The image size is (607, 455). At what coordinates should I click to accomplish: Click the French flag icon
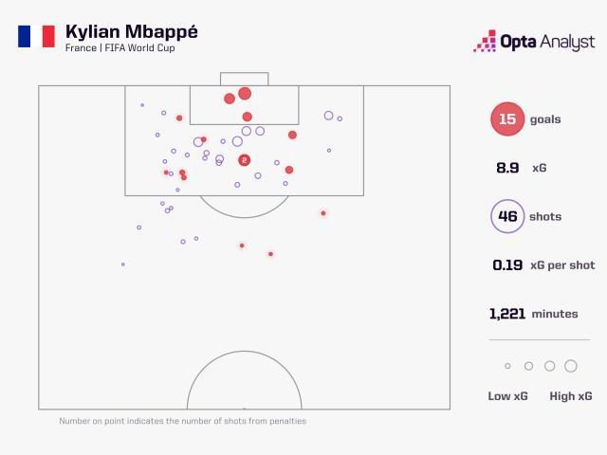[x=36, y=36]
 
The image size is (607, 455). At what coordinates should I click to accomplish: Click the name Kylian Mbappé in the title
[x=132, y=31]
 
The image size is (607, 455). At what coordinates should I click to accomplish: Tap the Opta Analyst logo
[x=534, y=41]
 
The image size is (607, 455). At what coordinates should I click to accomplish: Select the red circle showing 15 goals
[x=507, y=118]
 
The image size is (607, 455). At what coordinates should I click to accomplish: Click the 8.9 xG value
[x=507, y=168]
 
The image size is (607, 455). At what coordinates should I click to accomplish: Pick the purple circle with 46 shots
[x=507, y=216]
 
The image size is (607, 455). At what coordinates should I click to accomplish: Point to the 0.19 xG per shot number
[x=507, y=265]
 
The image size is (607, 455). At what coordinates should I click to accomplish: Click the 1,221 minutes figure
[x=507, y=314]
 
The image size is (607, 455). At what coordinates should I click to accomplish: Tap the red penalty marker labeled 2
[x=244, y=160]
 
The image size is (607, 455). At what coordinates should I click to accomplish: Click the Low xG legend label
[x=507, y=396]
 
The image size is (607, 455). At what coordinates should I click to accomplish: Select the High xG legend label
[x=571, y=396]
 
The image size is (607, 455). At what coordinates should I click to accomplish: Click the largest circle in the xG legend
[x=571, y=366]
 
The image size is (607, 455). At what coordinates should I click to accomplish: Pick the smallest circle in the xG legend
[x=507, y=366]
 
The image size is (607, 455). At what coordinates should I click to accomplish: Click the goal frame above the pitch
[x=245, y=72]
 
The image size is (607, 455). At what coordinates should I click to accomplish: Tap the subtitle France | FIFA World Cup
[x=120, y=48]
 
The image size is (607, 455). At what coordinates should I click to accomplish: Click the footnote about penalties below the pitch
[x=183, y=421]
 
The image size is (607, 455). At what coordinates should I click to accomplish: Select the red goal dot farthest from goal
[x=270, y=254]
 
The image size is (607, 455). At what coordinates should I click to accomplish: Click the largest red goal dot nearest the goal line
[x=245, y=93]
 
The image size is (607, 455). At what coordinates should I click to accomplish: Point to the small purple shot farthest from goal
[x=123, y=264]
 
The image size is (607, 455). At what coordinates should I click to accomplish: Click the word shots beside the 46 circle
[x=545, y=217]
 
